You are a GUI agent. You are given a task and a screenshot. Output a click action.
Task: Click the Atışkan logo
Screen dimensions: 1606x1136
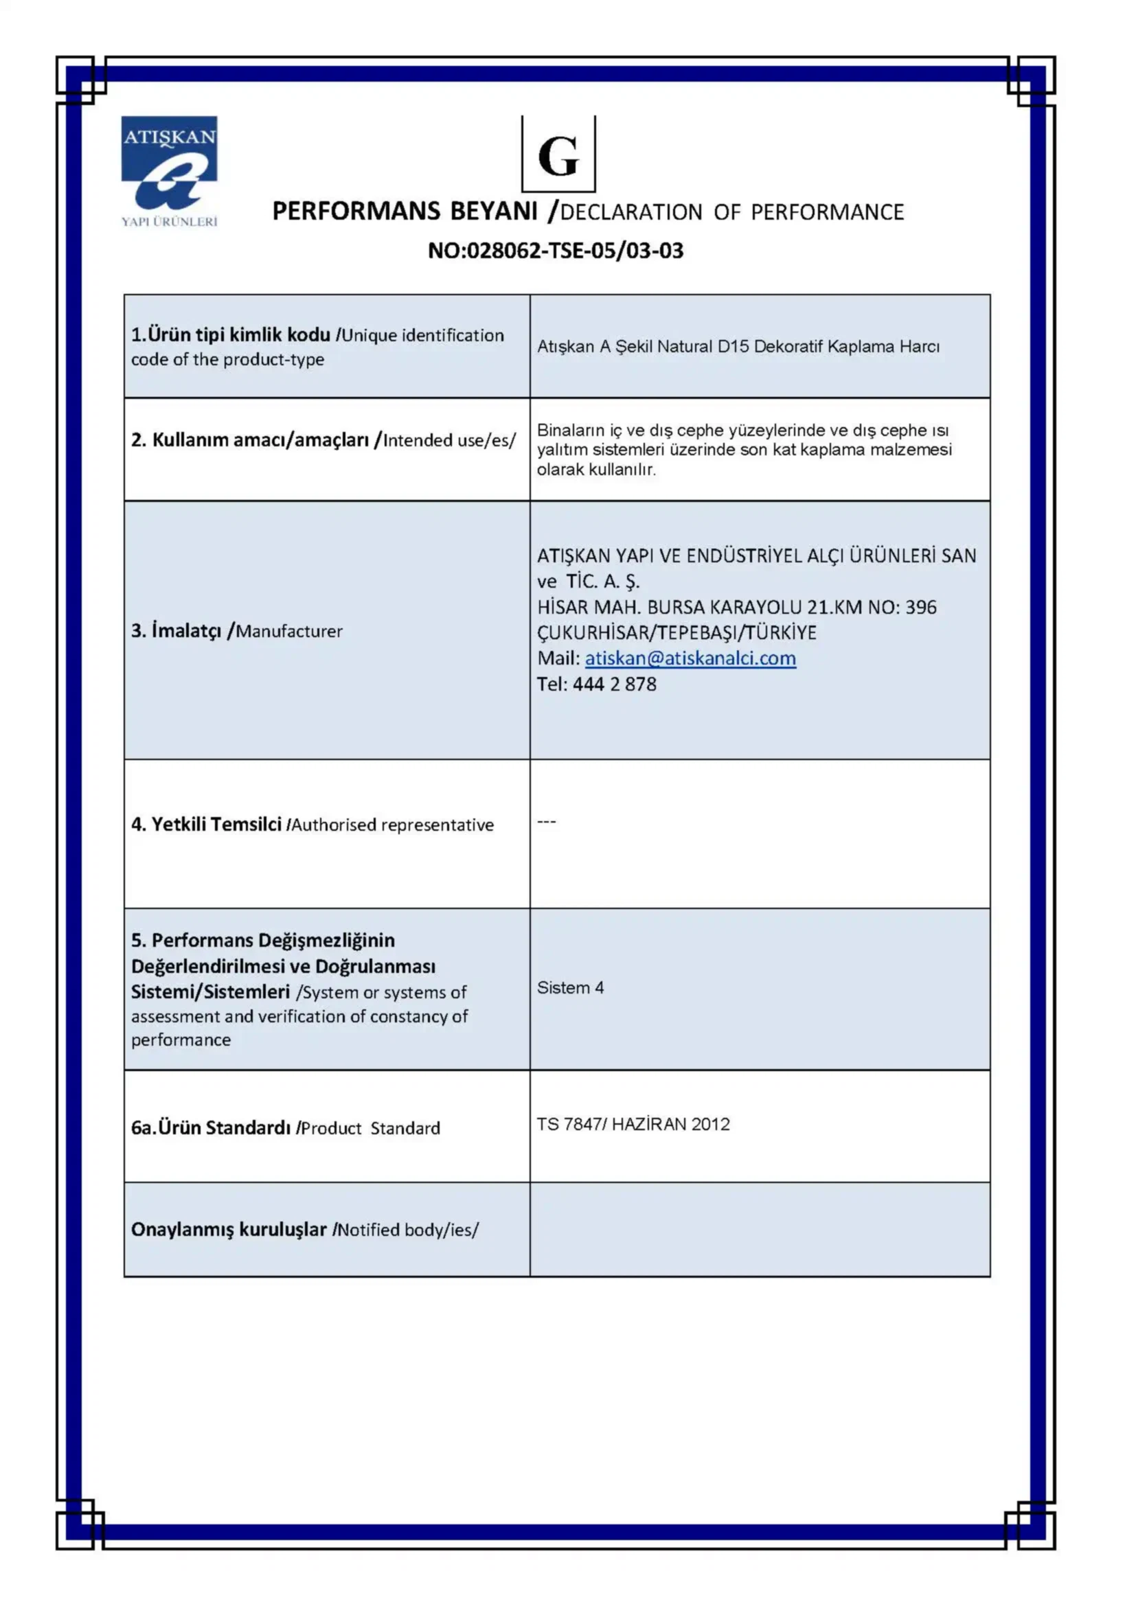169,171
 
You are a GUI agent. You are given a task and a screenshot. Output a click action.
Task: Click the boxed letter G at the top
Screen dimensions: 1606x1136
558,155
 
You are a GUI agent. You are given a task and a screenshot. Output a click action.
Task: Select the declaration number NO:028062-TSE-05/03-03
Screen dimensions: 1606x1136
556,251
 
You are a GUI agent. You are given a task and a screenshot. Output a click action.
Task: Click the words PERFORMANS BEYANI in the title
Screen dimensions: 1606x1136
405,211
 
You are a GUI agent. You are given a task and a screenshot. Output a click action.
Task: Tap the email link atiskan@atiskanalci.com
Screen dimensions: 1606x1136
690,658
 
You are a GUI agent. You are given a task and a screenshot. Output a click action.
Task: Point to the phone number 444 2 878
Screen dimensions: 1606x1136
614,684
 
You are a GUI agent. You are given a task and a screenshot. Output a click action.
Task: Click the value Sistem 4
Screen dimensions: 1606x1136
570,987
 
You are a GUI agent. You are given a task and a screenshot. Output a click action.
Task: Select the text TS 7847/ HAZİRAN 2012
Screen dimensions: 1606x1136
633,1124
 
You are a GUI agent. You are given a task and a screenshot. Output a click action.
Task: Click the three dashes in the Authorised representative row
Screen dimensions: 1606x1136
546,821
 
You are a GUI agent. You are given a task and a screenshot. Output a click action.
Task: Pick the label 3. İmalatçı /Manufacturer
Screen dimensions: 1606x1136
236,631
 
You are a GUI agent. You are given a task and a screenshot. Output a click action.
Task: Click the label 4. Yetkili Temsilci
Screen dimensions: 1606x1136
206,825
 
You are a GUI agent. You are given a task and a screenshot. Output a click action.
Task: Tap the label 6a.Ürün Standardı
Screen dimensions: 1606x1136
211,1127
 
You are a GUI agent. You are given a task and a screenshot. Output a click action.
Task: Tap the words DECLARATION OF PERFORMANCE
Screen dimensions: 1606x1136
731,213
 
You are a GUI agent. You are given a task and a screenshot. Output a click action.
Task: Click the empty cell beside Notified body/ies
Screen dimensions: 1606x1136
760,1229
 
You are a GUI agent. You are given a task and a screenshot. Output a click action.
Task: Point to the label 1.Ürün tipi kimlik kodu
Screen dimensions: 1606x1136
231,335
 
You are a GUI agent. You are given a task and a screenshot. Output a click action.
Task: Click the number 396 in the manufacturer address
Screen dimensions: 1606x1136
920,607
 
